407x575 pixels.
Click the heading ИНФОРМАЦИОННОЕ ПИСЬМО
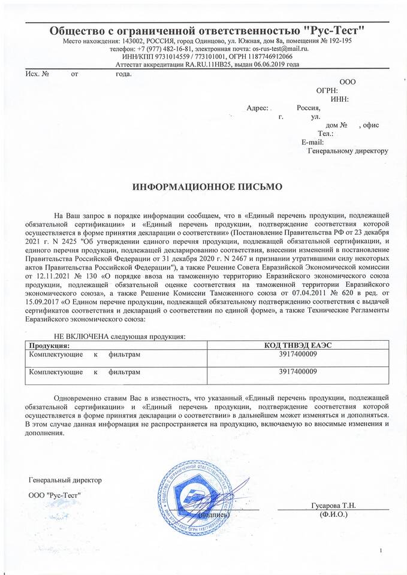point(206,187)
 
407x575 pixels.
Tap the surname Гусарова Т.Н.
point(334,506)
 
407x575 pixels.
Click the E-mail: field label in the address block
point(312,142)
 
